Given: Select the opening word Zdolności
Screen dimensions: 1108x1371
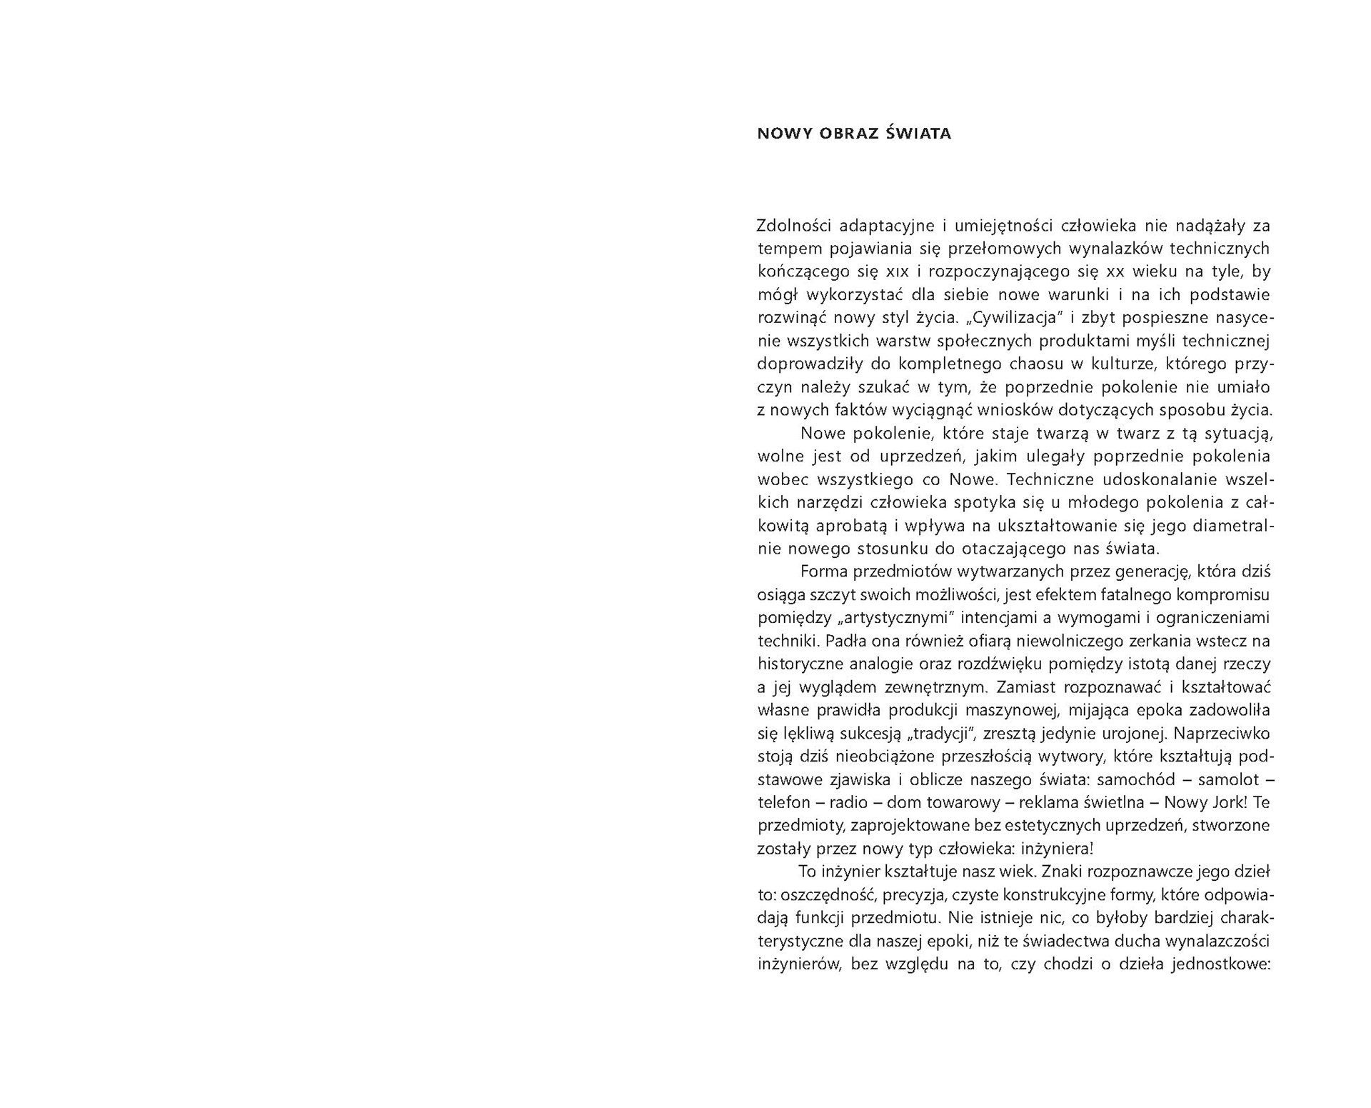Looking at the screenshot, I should point(795,226).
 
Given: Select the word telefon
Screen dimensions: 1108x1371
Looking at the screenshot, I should point(783,802).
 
